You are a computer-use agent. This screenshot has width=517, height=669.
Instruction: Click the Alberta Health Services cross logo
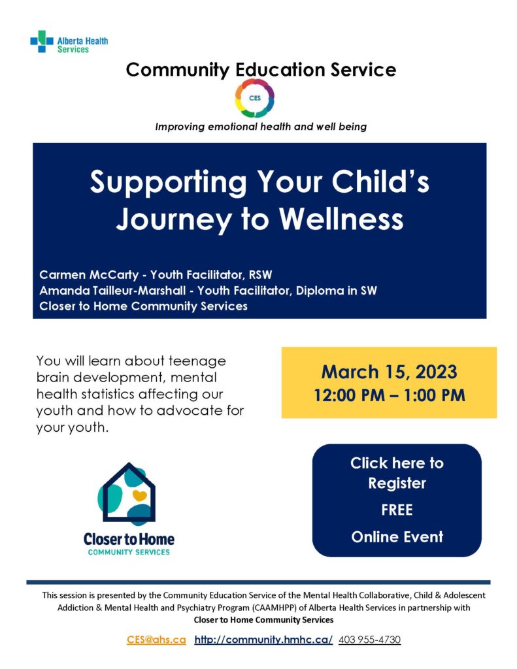pyautogui.click(x=41, y=41)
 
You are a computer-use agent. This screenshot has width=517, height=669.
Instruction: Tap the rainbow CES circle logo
pyautogui.click(x=255, y=98)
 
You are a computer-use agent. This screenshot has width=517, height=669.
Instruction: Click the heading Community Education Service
pyautogui.click(x=261, y=69)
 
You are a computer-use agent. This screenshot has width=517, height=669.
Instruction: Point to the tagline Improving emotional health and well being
pyautogui.click(x=261, y=127)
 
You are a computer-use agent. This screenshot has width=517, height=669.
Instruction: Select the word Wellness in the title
pyautogui.click(x=341, y=220)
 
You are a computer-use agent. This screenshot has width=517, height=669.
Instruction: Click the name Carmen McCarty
pyautogui.click(x=89, y=274)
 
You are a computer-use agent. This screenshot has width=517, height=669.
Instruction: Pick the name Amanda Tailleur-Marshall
pyautogui.click(x=112, y=291)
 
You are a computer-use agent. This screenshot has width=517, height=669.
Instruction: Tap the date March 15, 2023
pyautogui.click(x=389, y=372)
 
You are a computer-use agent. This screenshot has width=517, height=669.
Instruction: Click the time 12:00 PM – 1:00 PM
pyautogui.click(x=389, y=395)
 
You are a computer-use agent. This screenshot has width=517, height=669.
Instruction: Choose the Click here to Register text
pyautogui.click(x=397, y=473)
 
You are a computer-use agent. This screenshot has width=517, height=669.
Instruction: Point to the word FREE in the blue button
pyautogui.click(x=397, y=510)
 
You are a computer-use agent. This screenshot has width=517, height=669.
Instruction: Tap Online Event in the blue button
pyautogui.click(x=397, y=537)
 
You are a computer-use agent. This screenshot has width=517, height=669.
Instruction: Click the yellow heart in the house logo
pyautogui.click(x=140, y=495)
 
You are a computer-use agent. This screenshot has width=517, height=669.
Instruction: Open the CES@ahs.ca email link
pyautogui.click(x=156, y=640)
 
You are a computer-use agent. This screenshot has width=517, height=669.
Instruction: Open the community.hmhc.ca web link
pyautogui.click(x=263, y=640)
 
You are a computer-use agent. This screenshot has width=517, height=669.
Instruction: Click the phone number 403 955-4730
pyautogui.click(x=370, y=640)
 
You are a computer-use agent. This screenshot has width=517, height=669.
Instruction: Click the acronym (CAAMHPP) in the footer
pyautogui.click(x=273, y=608)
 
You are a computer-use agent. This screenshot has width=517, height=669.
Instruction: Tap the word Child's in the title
pyautogui.click(x=380, y=182)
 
